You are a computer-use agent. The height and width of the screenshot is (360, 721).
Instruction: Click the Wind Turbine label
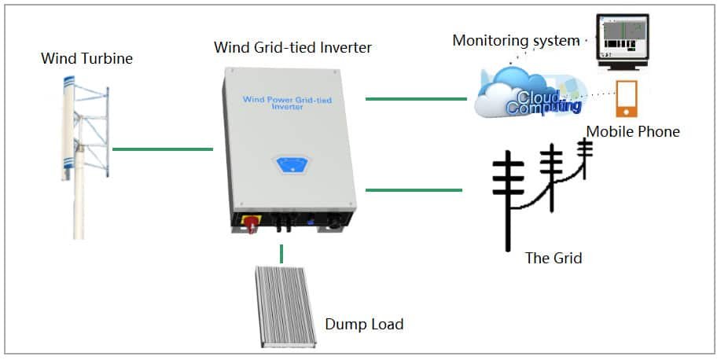[x=87, y=59]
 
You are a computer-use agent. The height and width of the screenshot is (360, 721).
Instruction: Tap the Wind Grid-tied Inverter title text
[x=292, y=47]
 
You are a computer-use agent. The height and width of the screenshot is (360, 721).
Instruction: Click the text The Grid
[x=554, y=257]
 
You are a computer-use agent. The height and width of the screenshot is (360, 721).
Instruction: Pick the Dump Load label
[x=364, y=324]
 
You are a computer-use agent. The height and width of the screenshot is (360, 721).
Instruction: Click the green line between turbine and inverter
[x=163, y=149]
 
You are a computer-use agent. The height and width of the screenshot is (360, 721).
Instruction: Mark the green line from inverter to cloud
[x=416, y=99]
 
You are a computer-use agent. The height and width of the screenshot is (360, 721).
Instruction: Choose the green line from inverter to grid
[x=414, y=189]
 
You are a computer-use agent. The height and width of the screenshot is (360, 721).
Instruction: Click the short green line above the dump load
[x=281, y=254]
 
